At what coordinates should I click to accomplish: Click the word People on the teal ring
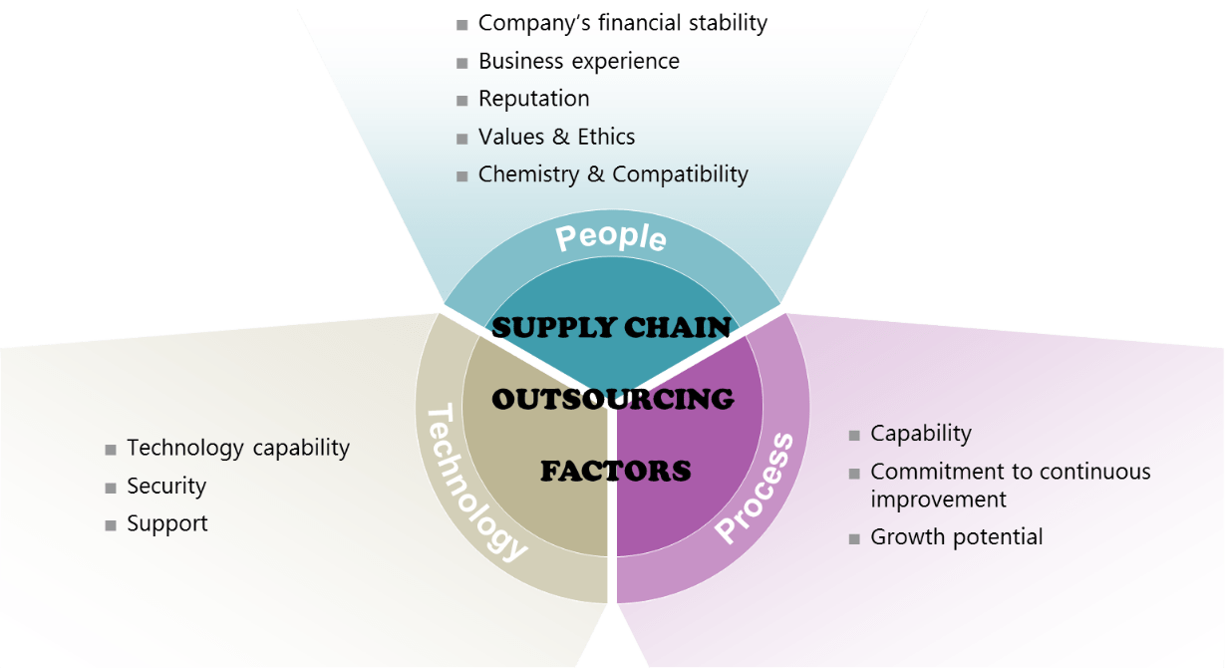[x=611, y=237]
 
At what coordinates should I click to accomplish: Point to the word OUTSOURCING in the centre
[x=613, y=399]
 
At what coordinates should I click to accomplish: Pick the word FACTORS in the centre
[x=615, y=471]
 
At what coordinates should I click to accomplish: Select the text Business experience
[x=578, y=61]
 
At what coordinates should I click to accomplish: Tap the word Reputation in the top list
[x=533, y=99]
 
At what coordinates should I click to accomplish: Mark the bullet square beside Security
[x=111, y=488]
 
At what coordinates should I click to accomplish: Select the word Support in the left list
[x=167, y=523]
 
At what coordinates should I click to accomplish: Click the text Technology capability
[x=238, y=448]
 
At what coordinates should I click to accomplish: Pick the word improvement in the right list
[x=938, y=499]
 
